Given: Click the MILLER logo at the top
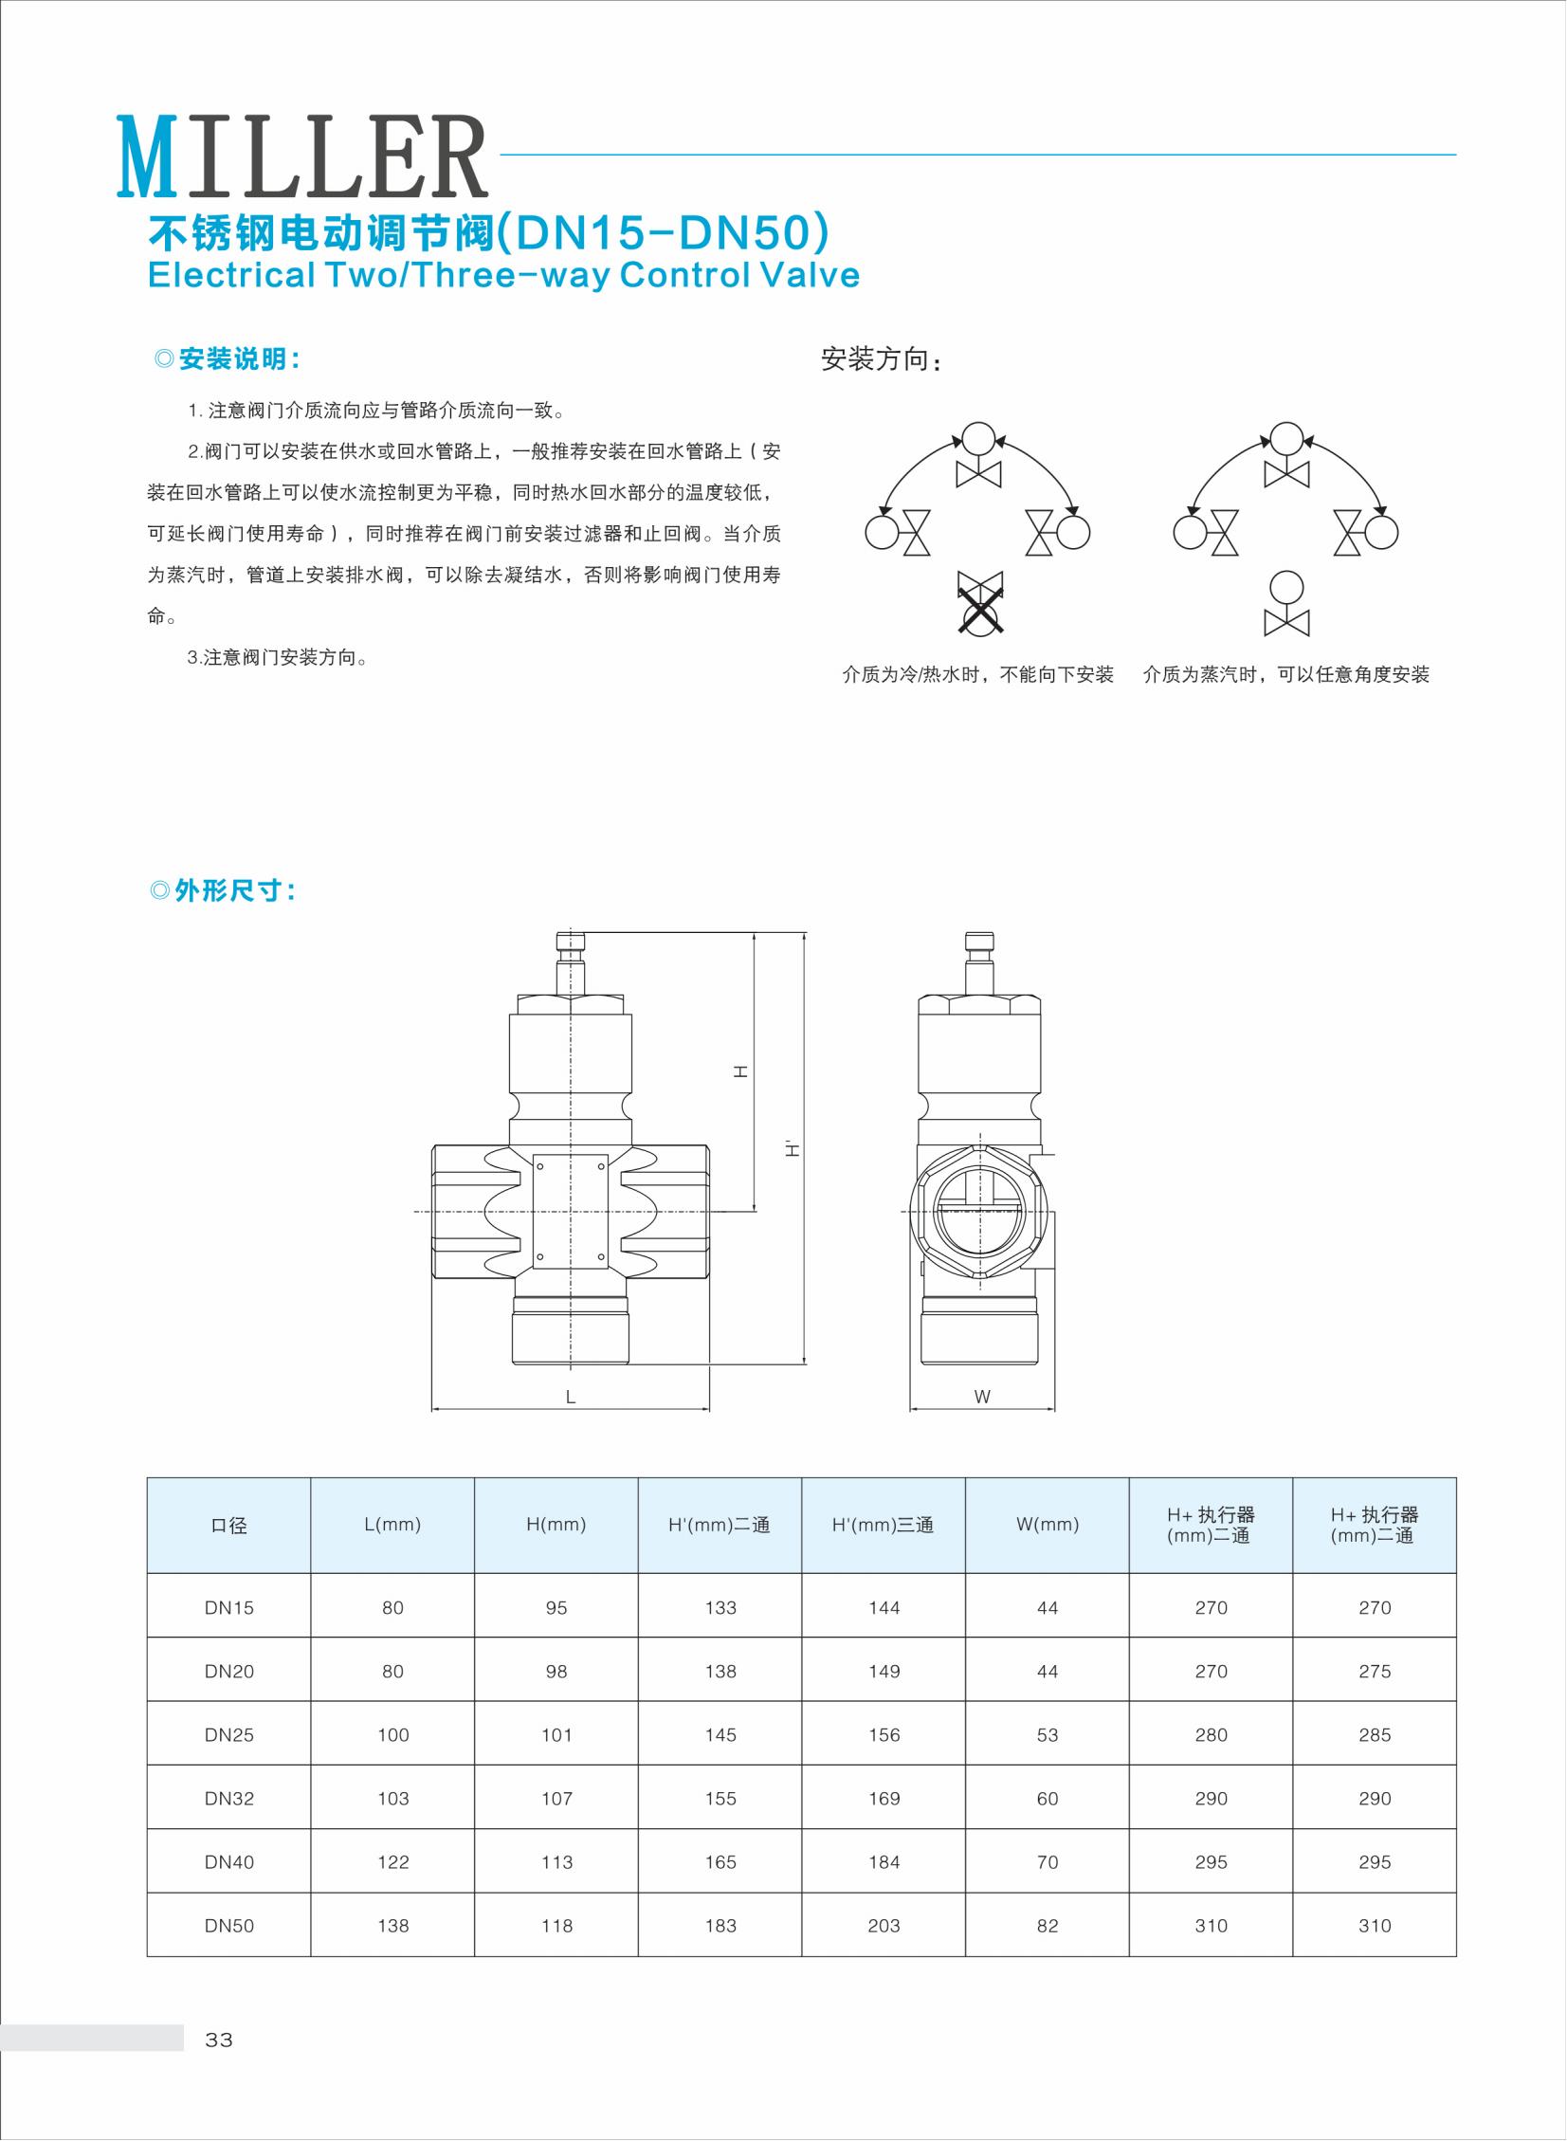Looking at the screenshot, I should point(301,156).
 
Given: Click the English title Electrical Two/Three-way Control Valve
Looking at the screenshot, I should point(503,275).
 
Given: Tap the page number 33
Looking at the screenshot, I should point(219,2040).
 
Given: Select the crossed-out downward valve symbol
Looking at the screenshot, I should point(980,603).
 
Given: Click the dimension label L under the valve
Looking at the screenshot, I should point(570,1397).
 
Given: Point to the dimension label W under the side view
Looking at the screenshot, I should point(982,1397).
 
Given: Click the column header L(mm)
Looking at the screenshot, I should point(392,1525).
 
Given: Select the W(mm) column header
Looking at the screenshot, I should point(1048,1525).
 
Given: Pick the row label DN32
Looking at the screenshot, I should point(228,1799).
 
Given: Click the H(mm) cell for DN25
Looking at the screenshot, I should point(556,1735).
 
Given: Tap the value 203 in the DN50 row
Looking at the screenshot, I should point(884,1926).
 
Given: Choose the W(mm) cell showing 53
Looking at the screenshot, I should point(1048,1735).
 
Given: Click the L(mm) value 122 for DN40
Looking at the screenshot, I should point(392,1862).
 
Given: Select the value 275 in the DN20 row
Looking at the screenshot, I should point(1375,1672).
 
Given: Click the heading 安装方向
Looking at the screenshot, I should point(881,359).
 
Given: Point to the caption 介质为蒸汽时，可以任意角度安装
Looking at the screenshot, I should point(1285,674).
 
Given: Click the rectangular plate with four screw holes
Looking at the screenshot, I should point(570,1212).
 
